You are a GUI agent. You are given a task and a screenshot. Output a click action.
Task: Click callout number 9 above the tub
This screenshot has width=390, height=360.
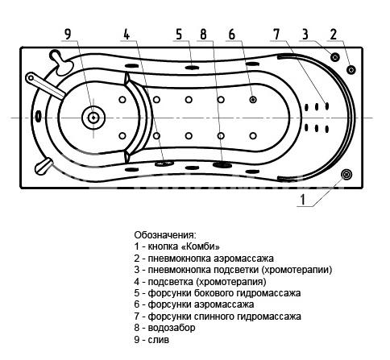click(x=68, y=34)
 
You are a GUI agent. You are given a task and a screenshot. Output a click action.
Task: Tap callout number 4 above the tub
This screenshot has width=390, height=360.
click(x=127, y=34)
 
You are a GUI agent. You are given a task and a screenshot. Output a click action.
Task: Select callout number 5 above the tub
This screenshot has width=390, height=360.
click(x=179, y=34)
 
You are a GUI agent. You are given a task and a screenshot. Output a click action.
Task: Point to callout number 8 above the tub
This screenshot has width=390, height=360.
click(x=203, y=34)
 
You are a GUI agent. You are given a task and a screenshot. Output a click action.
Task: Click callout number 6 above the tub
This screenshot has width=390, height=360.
click(x=231, y=34)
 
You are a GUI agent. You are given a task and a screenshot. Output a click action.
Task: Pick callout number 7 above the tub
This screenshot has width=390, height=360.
click(x=276, y=34)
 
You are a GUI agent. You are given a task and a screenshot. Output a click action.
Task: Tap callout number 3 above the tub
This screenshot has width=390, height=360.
click(x=305, y=34)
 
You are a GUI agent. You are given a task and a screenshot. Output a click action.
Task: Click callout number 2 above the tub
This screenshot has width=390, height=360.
click(x=334, y=34)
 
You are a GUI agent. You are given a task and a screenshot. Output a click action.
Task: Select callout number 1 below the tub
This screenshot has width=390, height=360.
click(x=303, y=200)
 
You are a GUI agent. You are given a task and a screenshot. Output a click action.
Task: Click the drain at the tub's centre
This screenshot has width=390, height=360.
click(x=93, y=118)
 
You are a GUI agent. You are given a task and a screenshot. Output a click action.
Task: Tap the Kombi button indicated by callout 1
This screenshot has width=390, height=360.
click(x=346, y=174)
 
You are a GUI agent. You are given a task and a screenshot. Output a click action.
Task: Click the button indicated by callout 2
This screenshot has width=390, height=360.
click(x=351, y=70)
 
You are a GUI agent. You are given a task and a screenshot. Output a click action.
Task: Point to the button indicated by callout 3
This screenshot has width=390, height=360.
click(x=334, y=57)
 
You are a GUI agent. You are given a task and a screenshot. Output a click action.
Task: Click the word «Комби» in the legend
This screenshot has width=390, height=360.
click(x=201, y=246)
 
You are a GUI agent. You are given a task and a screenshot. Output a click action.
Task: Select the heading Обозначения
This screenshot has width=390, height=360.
click(x=165, y=235)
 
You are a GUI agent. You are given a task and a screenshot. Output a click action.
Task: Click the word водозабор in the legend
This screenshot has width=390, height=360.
click(x=172, y=328)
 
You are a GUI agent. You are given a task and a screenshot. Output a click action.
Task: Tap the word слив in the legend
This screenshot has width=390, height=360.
click(x=159, y=340)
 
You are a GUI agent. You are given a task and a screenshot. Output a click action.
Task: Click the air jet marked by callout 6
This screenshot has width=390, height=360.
click(x=253, y=100)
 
